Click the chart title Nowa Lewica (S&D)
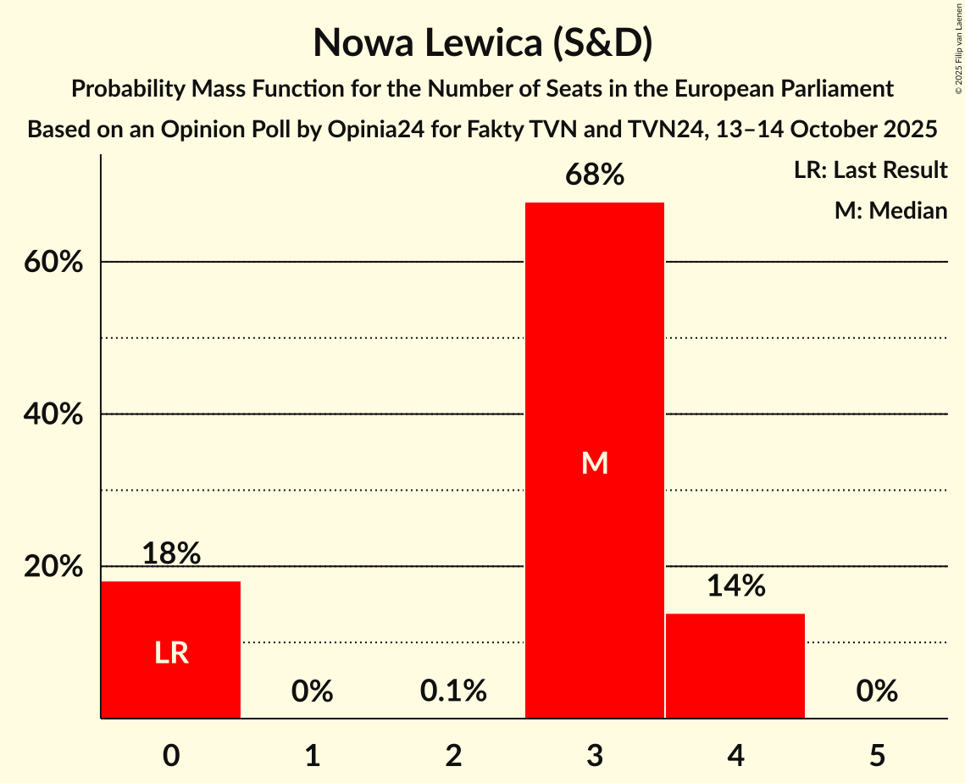tap(482, 42)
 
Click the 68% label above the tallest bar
tap(595, 175)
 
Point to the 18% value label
tap(171, 553)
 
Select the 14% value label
tap(735, 586)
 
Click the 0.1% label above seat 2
tap(453, 691)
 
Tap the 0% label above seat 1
tap(312, 691)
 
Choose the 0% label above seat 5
tap(876, 691)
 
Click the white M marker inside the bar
tap(595, 464)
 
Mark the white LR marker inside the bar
tap(171, 653)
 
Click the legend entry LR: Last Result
tap(870, 170)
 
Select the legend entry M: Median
tap(890, 210)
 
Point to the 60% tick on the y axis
tap(53, 263)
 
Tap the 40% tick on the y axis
tap(53, 414)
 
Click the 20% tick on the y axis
tap(53, 566)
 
